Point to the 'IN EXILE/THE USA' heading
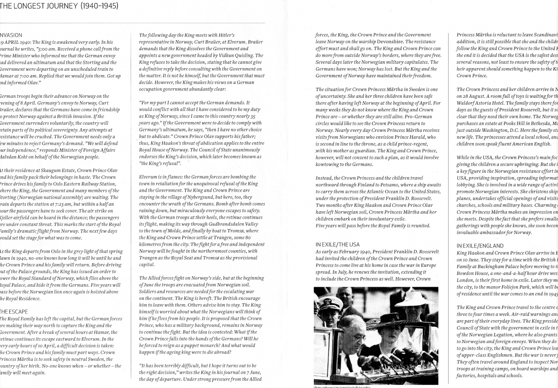tap(337, 244)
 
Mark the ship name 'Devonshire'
tap(381, 41)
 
